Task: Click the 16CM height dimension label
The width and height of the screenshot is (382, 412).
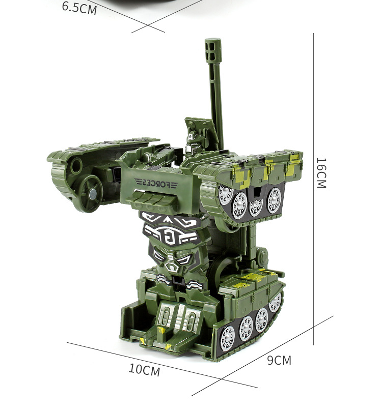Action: pyautogui.click(x=321, y=173)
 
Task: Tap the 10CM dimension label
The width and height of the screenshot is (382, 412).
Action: pyautogui.click(x=145, y=370)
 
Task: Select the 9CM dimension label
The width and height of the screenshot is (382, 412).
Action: pyautogui.click(x=279, y=360)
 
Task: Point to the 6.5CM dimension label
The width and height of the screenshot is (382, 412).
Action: pyautogui.click(x=79, y=8)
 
